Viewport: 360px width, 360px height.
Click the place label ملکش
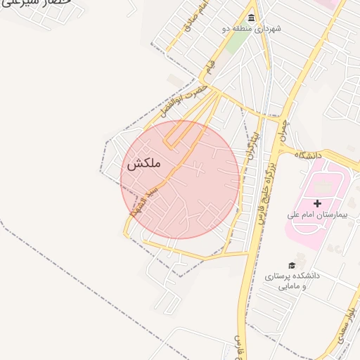tap(144, 163)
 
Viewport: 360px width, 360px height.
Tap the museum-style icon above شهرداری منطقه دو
tap(252, 18)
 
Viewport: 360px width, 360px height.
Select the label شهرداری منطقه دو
tap(252, 29)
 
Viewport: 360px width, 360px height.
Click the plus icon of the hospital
tap(317, 203)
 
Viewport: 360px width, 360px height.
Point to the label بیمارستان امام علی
tap(319, 214)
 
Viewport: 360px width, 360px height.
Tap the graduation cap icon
tap(292, 265)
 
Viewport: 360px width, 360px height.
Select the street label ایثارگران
tap(252, 143)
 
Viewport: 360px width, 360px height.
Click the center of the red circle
tap(179, 179)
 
